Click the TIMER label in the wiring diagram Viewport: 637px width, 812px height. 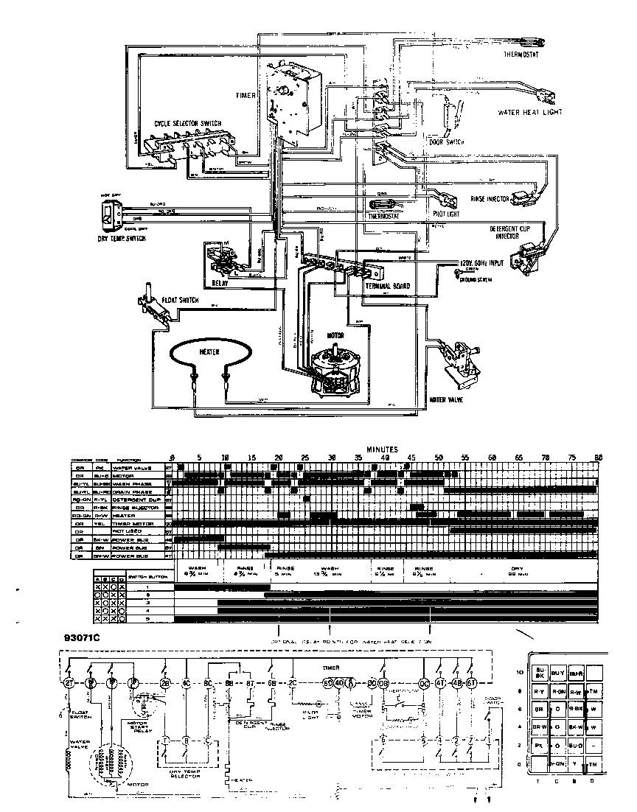[245, 96]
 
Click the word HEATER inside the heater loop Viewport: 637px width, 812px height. [209, 352]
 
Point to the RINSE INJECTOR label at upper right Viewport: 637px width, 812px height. [493, 200]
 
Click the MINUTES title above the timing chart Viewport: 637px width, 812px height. [382, 449]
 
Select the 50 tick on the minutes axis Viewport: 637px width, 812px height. [439, 458]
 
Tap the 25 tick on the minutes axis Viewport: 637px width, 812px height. [305, 458]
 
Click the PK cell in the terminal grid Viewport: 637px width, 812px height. [539, 766]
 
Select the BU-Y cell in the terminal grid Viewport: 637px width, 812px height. [558, 673]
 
